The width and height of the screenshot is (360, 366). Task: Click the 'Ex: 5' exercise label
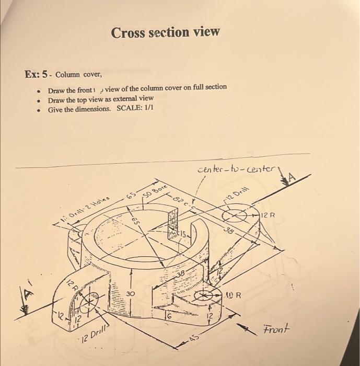37,74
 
